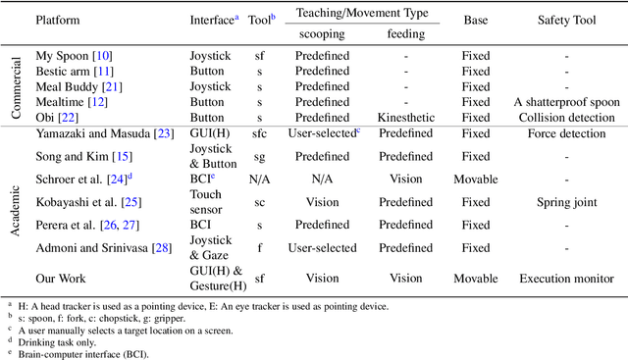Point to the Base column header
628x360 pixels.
[x=476, y=19]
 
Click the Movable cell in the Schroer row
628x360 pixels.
[x=476, y=180]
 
